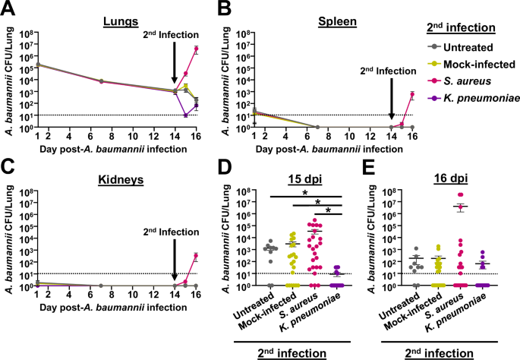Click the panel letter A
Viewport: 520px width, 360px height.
(8, 9)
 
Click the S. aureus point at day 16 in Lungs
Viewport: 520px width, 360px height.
(197, 49)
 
